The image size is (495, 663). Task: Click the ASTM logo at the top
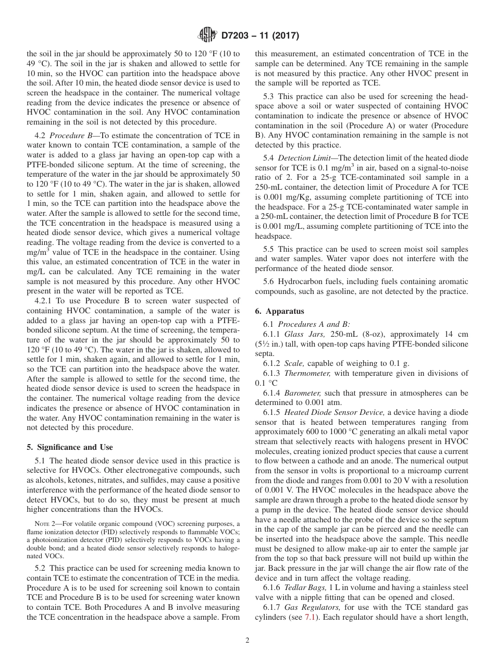(x=208, y=36)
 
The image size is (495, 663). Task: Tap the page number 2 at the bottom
(x=247, y=641)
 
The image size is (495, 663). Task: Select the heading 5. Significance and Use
(x=70, y=447)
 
